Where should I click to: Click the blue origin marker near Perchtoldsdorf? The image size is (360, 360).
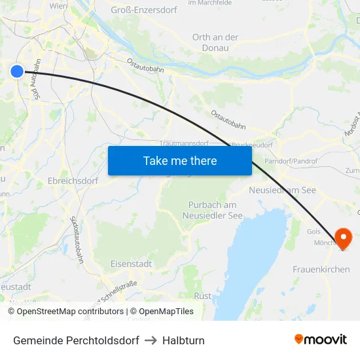coord(17,71)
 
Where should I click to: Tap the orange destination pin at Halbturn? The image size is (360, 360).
coord(342,238)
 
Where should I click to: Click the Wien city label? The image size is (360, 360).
coord(58,5)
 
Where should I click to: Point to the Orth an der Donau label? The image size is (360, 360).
coord(215,43)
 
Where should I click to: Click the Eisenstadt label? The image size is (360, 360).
coord(131,263)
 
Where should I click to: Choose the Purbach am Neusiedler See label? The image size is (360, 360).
coord(213,210)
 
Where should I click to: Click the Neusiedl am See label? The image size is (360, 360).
coord(283,190)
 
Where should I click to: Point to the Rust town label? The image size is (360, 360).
coord(203,296)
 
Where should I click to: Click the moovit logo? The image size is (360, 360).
coord(321,340)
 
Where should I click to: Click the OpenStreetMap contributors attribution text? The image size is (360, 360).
coord(70,312)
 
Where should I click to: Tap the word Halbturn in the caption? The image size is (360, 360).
coord(183,340)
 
